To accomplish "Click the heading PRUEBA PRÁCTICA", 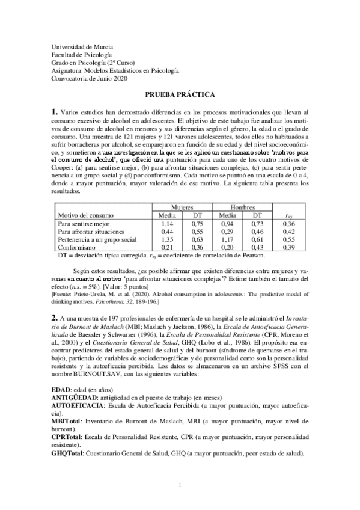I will click(x=180, y=94).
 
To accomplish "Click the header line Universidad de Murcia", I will click(x=82, y=47).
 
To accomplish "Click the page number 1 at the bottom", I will click(x=180, y=486).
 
